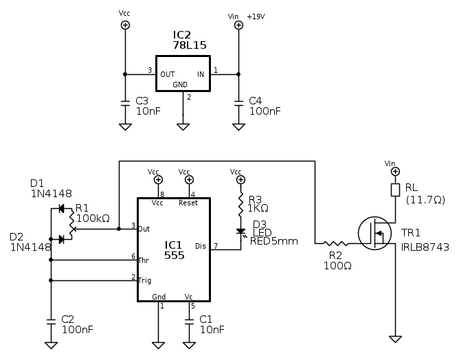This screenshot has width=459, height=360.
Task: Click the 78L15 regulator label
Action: tap(189, 45)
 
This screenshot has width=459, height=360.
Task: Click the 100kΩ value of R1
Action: tap(93, 218)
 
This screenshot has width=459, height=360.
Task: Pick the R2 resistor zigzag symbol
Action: tap(336, 243)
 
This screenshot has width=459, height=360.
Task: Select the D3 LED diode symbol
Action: tap(240, 232)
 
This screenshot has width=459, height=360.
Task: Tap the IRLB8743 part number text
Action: tap(425, 247)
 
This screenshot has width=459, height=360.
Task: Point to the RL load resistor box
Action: tap(395, 190)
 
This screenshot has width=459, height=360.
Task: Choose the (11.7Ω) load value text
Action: tap(425, 200)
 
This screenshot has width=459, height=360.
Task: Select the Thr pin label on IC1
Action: tap(144, 260)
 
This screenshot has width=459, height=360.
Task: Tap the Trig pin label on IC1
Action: tap(144, 280)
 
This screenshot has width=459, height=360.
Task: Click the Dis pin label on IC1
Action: tap(200, 245)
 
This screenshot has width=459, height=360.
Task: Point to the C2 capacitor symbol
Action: tap(51, 321)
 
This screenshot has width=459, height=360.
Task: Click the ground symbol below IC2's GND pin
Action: tap(183, 126)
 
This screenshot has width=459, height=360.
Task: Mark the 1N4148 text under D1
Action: tap(51, 194)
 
